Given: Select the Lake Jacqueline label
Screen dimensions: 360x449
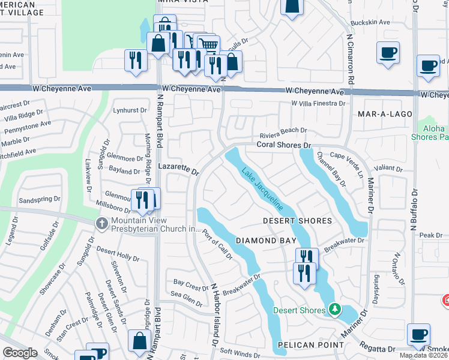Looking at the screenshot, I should click(262, 188).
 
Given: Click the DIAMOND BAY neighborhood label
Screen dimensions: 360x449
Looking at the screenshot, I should click(265, 241).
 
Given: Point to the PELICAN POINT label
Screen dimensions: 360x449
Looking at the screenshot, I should click(310, 345).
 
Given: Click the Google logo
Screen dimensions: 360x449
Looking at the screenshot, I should click(20, 353).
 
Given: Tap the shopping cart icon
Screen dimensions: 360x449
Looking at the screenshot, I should click(208, 44).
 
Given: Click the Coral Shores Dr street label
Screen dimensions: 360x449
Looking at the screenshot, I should click(283, 145).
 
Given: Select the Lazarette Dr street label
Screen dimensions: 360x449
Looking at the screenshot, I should click(178, 168).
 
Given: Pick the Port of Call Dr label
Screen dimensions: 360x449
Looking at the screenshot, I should click(217, 245).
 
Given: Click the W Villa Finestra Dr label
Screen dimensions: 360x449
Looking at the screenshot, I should click(318, 103).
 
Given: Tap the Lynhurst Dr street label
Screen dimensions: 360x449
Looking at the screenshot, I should click(130, 110).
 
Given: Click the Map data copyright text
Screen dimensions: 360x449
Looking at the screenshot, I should click(424, 355).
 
